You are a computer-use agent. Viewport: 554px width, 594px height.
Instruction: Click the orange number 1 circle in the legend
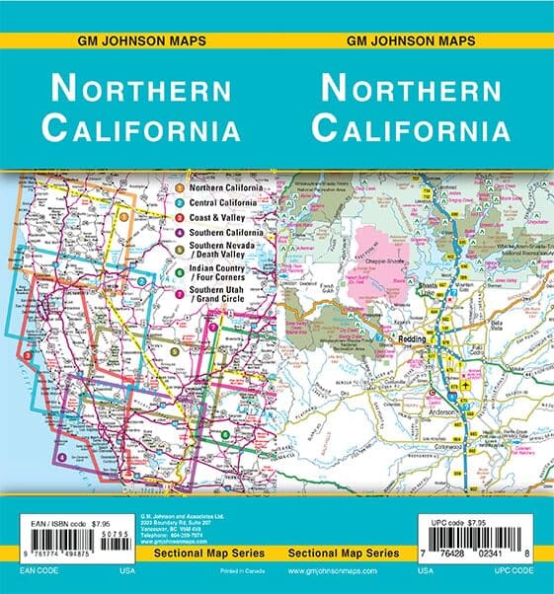(x=178, y=187)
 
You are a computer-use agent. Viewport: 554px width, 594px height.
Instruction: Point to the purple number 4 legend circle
(x=178, y=233)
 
